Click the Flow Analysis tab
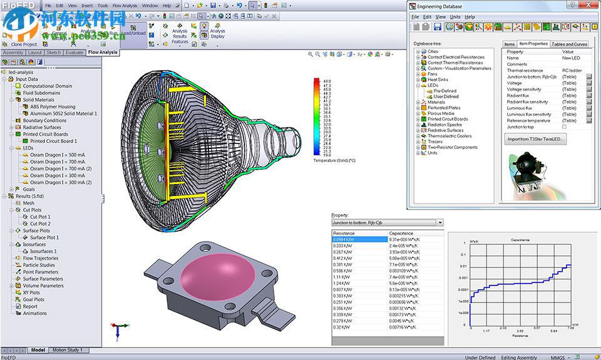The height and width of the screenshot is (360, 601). [103, 53]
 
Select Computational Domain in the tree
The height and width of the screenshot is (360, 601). [47, 86]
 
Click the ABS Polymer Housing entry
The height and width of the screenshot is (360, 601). [53, 106]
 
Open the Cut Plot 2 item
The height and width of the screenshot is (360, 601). [40, 224]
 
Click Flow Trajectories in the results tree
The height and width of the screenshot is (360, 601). [41, 258]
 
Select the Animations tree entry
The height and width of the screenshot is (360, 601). [35, 313]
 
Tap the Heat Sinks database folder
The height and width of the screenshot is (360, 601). [439, 80]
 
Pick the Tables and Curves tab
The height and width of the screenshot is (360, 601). [569, 44]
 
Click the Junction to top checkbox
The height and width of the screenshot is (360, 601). [564, 126]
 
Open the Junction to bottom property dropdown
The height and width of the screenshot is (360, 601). [440, 222]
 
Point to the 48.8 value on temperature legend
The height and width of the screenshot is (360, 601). [327, 81]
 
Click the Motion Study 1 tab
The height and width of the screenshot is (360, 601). [67, 350]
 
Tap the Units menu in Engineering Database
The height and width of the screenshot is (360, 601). [455, 17]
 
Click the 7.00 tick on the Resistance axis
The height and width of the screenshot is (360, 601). [570, 328]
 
